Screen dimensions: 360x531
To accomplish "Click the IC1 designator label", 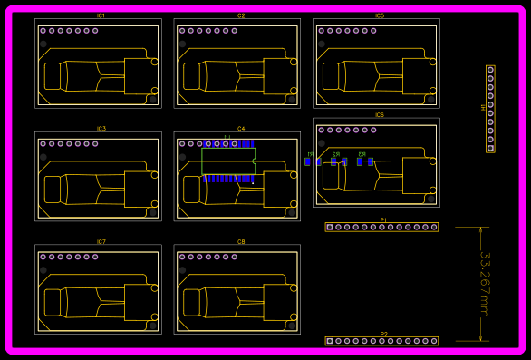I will [x=101, y=16].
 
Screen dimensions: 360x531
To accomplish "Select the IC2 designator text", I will [x=240, y=16].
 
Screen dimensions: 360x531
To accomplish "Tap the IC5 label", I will [x=380, y=16].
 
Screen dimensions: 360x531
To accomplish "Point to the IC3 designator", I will [x=101, y=129].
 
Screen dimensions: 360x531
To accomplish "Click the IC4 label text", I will [x=240, y=129].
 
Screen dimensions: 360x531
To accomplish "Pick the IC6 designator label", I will [x=380, y=115].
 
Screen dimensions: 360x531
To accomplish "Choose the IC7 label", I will [x=101, y=242].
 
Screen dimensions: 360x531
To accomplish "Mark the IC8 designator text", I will [x=240, y=242].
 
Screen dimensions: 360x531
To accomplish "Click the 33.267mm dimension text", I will [x=483, y=284].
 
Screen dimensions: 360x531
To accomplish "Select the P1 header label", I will [x=383, y=219].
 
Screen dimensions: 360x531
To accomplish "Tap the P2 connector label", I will [x=383, y=334].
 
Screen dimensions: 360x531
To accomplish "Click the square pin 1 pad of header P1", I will [x=330, y=227].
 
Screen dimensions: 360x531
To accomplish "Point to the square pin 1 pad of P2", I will [x=330, y=341].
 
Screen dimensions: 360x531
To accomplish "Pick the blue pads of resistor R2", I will [x=337, y=162].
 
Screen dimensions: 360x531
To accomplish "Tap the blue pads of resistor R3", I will [x=363, y=162].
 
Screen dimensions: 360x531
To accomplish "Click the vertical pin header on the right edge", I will [x=490, y=109].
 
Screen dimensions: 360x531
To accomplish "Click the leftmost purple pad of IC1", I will [x=43, y=31].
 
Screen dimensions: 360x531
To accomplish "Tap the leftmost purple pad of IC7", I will [x=43, y=257].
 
